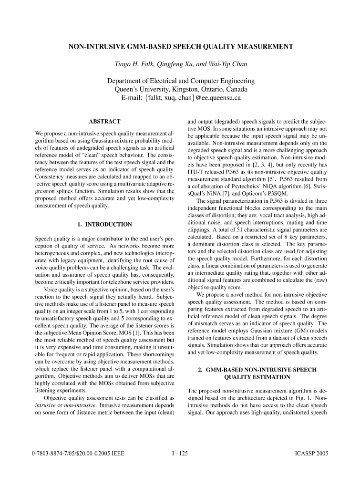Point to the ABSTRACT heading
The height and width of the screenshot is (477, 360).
pos(104,122)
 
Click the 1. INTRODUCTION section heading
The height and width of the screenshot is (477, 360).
pos(104,224)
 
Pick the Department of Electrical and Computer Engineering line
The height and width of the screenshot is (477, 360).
pos(181,81)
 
